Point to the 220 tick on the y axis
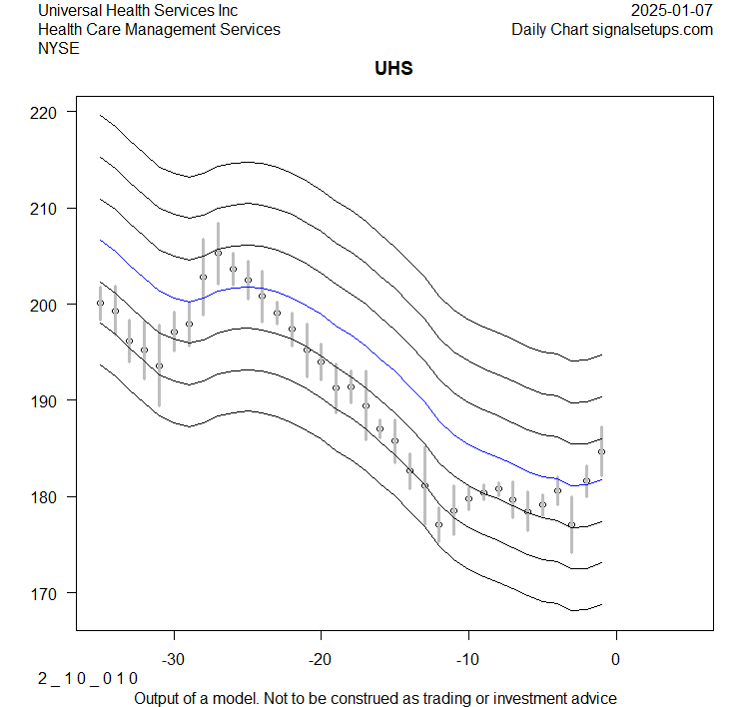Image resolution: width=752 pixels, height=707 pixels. click(47, 113)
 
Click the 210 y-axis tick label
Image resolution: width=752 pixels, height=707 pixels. click(47, 209)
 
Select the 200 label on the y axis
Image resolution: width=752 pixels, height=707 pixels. click(47, 305)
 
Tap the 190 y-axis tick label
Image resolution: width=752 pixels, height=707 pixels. click(47, 400)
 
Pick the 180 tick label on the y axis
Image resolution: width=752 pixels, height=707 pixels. click(47, 496)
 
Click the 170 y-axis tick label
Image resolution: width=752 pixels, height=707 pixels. click(47, 593)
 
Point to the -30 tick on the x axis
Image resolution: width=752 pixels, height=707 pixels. click(174, 660)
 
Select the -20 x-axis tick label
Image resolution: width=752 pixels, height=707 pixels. click(321, 660)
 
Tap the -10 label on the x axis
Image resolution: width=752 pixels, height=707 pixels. click(467, 660)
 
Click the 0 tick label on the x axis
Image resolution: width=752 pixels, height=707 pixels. click(615, 660)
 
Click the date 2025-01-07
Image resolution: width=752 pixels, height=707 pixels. click(672, 10)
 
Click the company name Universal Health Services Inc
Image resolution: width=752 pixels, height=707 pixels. click(138, 10)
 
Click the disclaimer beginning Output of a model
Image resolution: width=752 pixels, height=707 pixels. click(375, 698)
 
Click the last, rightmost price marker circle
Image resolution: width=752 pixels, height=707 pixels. click(601, 451)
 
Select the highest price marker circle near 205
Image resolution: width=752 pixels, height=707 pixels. click(218, 253)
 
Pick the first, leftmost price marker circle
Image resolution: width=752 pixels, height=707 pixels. click(100, 303)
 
